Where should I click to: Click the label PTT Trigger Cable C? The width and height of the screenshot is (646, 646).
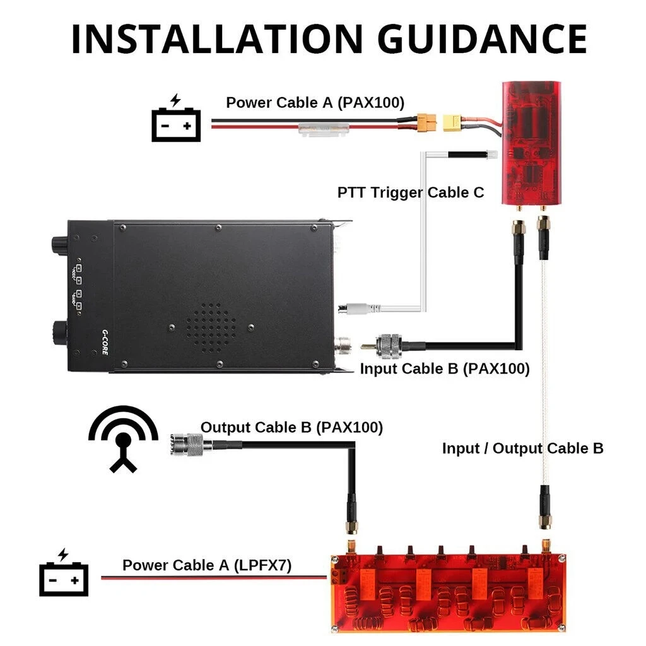411,192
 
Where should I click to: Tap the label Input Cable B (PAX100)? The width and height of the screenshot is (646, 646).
445,368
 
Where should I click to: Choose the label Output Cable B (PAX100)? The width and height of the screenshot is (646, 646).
291,427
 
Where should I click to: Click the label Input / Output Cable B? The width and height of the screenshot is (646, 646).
522,449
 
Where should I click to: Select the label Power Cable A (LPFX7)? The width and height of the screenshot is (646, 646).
207,565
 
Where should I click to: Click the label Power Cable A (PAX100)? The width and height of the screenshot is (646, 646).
315,103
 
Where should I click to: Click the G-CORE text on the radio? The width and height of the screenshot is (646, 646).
105,341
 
